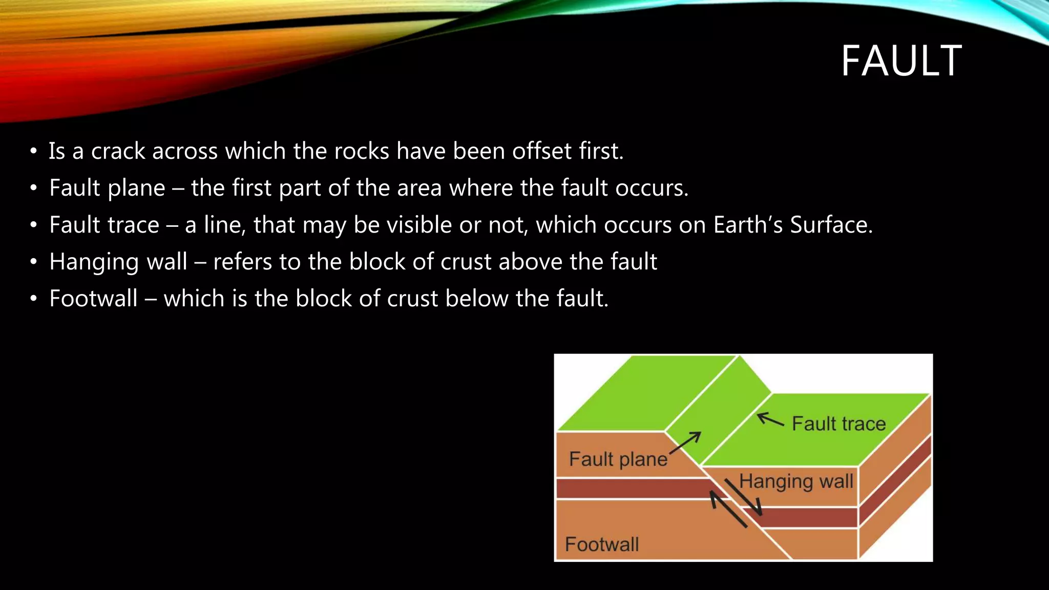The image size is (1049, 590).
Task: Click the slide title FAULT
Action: point(901,61)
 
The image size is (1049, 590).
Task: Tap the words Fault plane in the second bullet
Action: point(107,188)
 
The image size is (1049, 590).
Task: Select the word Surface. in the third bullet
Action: point(831,225)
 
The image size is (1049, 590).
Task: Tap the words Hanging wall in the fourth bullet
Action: point(118,262)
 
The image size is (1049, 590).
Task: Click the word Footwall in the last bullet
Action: point(93,299)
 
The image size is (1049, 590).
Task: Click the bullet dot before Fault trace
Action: point(34,225)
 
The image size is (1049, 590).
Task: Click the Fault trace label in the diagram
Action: point(838,424)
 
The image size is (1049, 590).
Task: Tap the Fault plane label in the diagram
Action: point(618,459)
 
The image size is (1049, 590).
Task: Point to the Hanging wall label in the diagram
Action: point(796,481)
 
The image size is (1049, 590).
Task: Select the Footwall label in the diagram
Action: point(602,544)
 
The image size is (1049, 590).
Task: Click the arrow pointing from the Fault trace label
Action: point(770,419)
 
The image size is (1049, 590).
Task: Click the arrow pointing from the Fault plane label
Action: point(686,442)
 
